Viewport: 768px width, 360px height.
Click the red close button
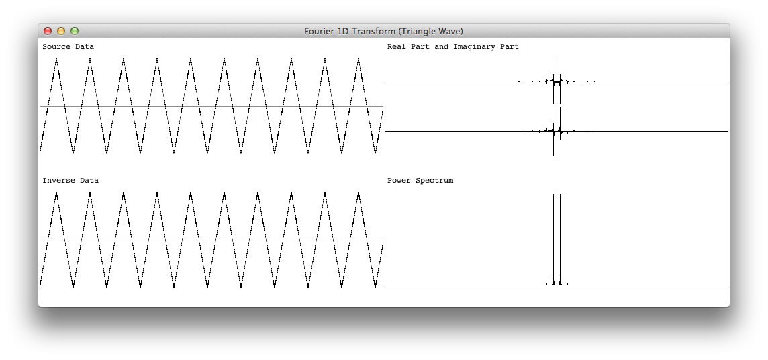point(48,31)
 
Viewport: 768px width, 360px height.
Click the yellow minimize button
point(60,31)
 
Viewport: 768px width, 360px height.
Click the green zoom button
point(75,31)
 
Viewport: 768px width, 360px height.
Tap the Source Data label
point(68,47)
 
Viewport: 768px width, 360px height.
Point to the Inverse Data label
point(70,180)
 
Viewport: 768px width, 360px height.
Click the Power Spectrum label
point(420,180)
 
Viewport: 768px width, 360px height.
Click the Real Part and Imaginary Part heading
point(453,47)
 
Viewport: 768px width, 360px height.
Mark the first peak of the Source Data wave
point(56,59)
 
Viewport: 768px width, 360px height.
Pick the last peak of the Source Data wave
point(358,59)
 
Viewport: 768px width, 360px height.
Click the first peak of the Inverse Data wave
point(56,193)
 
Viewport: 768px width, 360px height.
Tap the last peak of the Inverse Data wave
point(358,193)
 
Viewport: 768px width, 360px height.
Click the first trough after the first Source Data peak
point(73,153)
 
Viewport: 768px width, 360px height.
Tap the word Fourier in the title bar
point(319,32)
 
